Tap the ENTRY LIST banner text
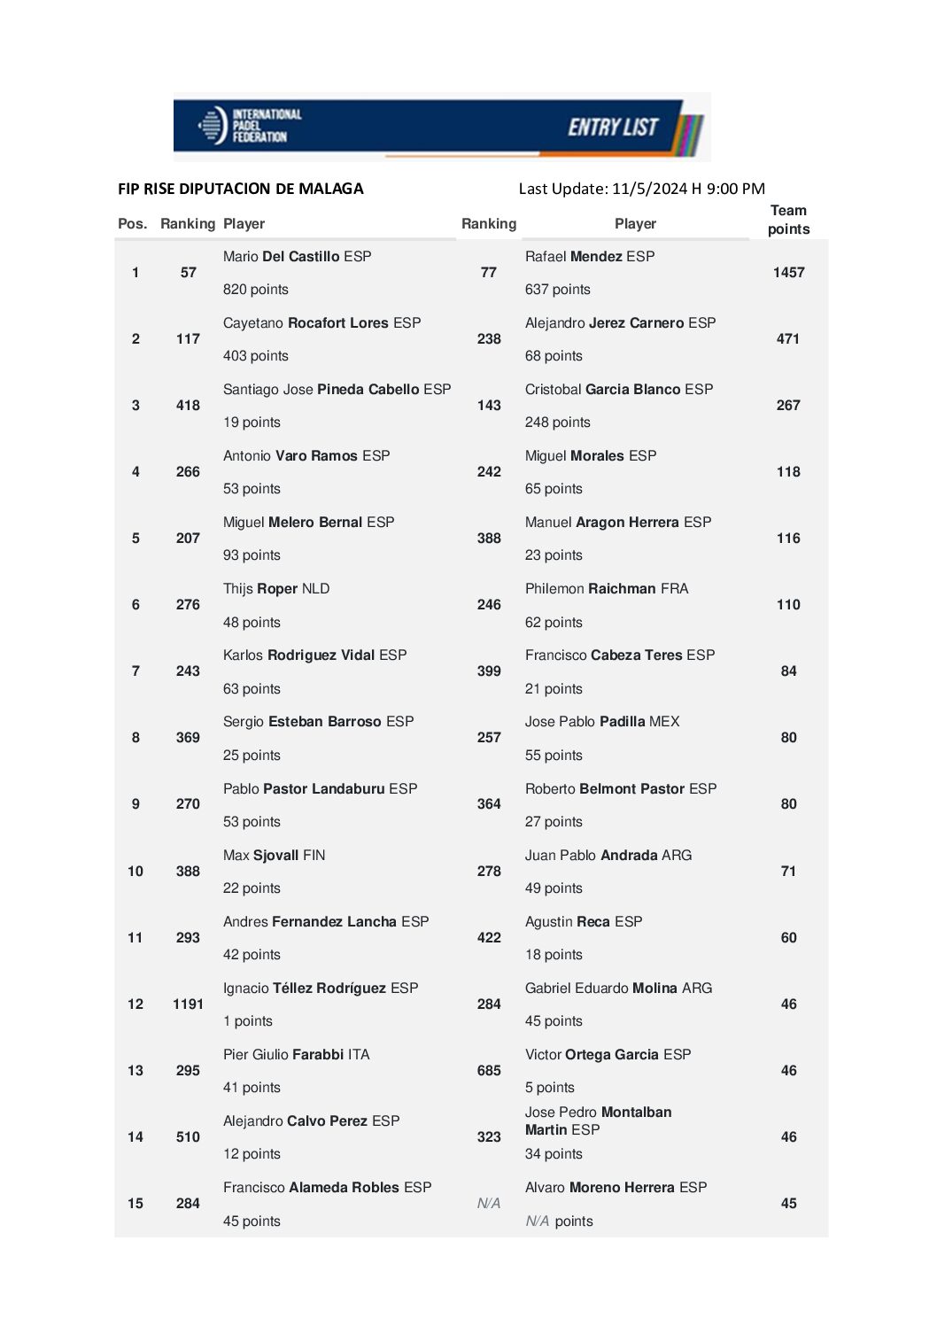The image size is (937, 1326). (x=613, y=128)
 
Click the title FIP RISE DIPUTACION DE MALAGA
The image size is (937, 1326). (x=241, y=189)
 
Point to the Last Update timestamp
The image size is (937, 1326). (x=641, y=189)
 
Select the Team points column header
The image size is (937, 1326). (x=788, y=220)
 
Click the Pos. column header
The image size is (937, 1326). (x=132, y=224)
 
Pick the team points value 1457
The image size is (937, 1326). (x=788, y=273)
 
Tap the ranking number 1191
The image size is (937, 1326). (x=188, y=1004)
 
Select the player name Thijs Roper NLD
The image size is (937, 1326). (x=276, y=589)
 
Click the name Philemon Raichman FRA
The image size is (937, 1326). (x=606, y=589)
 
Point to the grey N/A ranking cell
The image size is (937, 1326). (x=489, y=1204)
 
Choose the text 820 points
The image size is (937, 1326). (x=256, y=290)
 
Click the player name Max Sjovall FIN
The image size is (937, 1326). (x=274, y=856)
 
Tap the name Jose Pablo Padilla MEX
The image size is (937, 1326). (x=602, y=722)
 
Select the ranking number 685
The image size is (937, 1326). (x=489, y=1071)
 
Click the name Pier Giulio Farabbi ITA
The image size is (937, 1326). (x=296, y=1055)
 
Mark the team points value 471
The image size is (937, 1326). (x=788, y=339)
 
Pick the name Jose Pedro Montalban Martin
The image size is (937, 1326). (x=598, y=1121)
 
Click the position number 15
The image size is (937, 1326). (x=136, y=1204)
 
